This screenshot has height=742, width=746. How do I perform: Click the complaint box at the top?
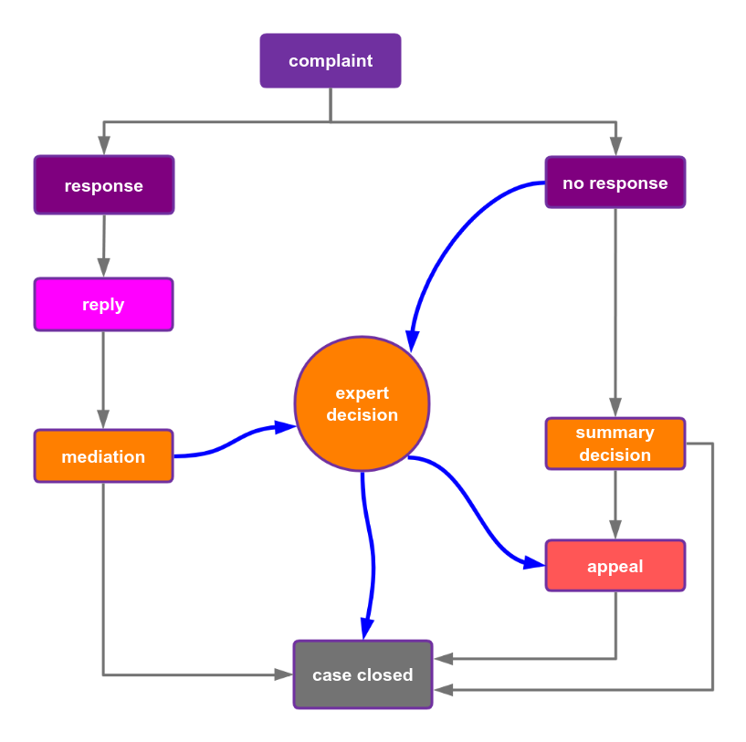(330, 61)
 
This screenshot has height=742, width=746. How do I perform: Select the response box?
(103, 185)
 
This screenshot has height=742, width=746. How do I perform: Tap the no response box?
(615, 183)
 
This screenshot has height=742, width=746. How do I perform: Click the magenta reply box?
(103, 305)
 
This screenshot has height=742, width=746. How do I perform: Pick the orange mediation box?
(103, 456)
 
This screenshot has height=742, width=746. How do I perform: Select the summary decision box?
(615, 444)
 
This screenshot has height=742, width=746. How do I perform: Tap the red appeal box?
(615, 566)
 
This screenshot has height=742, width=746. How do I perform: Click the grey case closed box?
(362, 674)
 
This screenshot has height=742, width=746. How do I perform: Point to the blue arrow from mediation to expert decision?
(233, 441)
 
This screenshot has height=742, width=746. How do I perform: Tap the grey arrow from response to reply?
(103, 245)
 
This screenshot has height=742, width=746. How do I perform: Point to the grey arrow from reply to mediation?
(103, 379)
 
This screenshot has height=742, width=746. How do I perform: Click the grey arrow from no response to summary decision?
(615, 310)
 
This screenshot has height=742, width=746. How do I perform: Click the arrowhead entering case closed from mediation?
(284, 674)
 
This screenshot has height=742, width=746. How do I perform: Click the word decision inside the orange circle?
(362, 415)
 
